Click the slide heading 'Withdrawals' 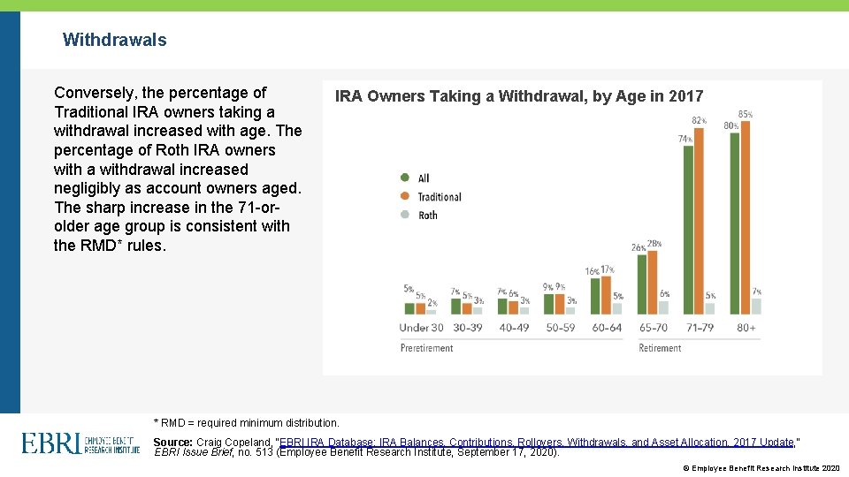[114, 40]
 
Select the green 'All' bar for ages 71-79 [686, 230]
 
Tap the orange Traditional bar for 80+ [746, 217]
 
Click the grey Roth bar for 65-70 [664, 307]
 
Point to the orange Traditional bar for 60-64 [607, 295]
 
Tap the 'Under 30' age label [421, 328]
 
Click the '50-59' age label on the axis [560, 328]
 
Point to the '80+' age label [745, 328]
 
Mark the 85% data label [746, 114]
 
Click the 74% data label [685, 139]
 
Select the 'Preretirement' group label [426, 348]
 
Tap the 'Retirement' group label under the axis [660, 348]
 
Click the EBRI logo [80, 443]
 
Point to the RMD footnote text [247, 423]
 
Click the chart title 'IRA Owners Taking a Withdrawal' [519, 96]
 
